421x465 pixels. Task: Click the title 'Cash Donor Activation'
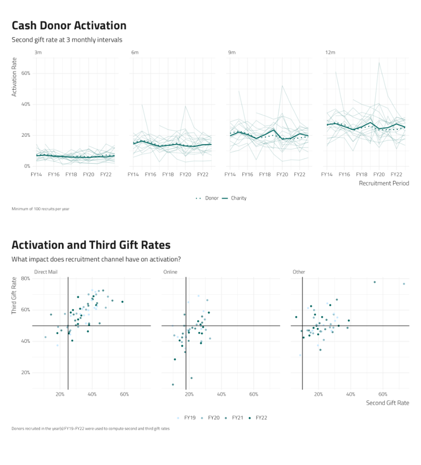point(69,25)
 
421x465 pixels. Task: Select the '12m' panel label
point(330,52)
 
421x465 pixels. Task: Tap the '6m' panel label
point(135,52)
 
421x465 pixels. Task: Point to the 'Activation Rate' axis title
point(14,77)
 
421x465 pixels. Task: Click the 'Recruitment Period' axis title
point(384,183)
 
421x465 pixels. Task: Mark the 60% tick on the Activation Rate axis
point(26,73)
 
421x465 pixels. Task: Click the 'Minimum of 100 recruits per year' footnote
point(41,209)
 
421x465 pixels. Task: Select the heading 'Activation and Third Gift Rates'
point(91,245)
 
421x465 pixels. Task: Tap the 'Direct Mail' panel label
point(46,272)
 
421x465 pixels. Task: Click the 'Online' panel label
point(170,272)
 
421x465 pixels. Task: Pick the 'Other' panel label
point(299,272)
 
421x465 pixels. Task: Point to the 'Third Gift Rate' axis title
point(14,296)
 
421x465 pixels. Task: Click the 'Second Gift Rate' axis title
point(387,403)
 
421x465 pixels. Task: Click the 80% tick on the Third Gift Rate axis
point(26,279)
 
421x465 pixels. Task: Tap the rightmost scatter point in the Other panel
point(404,284)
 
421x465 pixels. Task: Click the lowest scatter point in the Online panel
point(173,385)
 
